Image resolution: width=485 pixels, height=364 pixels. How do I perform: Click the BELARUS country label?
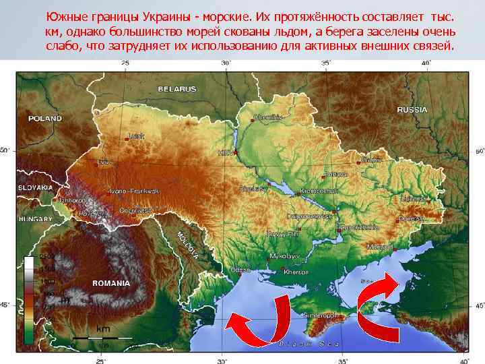point(177,89)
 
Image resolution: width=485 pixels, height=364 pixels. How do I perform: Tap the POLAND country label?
point(44,119)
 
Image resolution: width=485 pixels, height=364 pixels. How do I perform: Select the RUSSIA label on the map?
point(412,109)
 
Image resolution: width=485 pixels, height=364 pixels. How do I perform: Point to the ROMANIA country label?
point(111,283)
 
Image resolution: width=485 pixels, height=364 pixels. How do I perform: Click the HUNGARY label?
point(35,220)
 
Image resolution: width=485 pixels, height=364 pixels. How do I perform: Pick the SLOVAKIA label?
point(35,187)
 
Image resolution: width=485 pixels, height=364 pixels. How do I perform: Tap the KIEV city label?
point(225,153)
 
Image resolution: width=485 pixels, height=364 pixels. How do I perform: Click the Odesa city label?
point(240,270)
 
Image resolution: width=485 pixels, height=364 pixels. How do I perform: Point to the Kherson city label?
point(296,272)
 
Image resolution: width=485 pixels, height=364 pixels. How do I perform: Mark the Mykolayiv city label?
point(284,257)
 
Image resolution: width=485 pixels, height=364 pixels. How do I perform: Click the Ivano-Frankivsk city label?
point(133,191)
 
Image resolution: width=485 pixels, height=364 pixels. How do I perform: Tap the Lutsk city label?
point(136,135)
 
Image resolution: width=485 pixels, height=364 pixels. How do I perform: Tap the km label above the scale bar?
point(103,328)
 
